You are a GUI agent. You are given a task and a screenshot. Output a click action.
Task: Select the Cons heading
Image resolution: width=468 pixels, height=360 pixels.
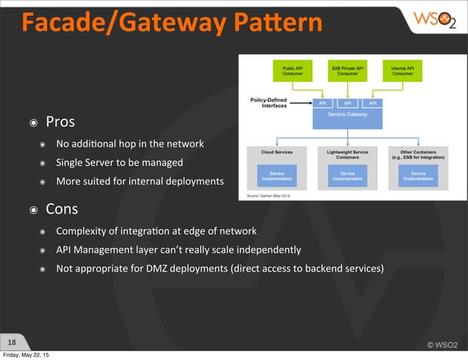[62, 209]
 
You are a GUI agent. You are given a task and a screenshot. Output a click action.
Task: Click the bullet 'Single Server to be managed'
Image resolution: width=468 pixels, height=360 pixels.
[120, 162]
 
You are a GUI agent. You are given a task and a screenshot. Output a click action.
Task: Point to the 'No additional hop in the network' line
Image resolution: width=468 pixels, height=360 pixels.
[130, 143]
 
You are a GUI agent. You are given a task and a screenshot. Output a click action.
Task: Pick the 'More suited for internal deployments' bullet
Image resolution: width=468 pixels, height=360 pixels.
[140, 181]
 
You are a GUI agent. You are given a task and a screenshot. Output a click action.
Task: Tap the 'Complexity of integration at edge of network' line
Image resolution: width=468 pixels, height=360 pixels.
[156, 231]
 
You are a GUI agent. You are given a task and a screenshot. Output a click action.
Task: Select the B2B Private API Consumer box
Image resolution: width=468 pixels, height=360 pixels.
[348, 70]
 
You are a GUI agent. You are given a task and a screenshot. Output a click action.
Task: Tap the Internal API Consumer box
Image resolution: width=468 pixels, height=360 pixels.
[402, 70]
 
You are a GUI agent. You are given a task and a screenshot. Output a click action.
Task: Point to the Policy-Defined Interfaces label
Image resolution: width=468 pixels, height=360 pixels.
[268, 103]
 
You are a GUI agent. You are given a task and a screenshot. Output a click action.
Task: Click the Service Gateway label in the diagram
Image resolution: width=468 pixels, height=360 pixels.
[348, 115]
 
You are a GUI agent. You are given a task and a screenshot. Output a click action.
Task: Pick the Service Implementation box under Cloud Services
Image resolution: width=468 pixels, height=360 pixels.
[277, 175]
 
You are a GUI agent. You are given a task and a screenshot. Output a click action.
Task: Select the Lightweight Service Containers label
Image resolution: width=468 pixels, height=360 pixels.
[348, 154]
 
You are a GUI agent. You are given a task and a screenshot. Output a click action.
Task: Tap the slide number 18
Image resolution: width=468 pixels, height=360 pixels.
[12, 342]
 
